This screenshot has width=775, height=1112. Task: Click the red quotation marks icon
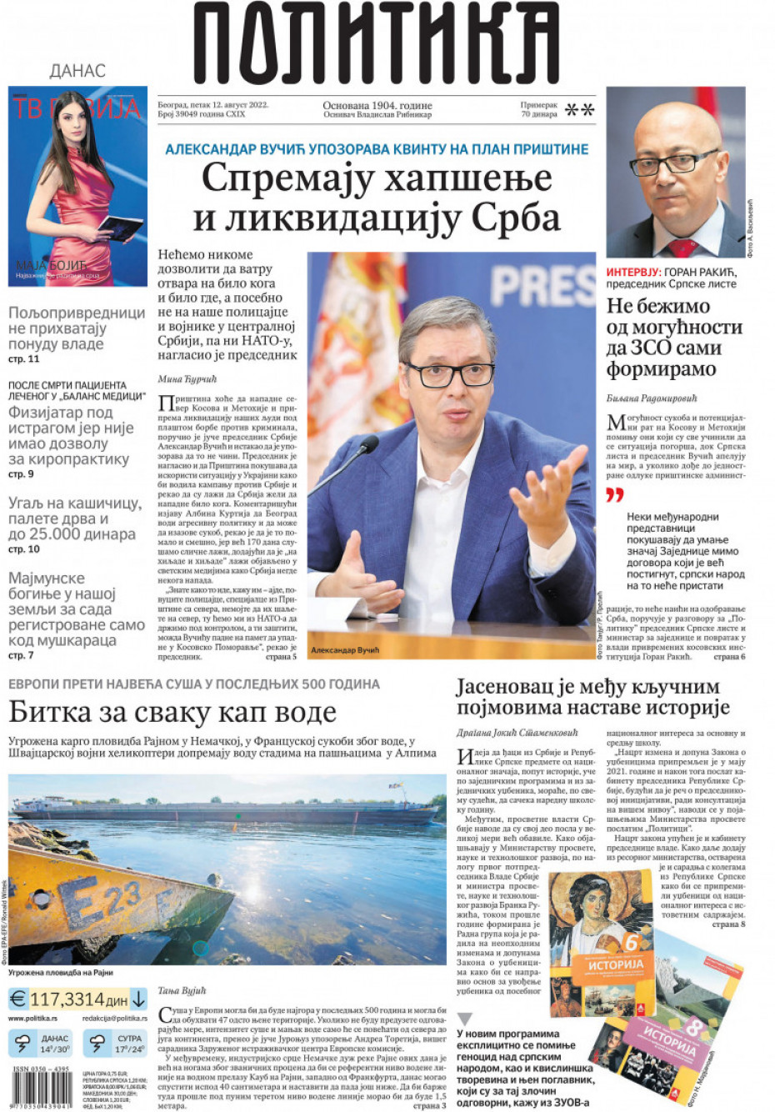[614, 495]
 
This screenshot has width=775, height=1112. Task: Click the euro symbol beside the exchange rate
[17, 999]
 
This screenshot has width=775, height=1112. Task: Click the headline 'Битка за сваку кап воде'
[172, 712]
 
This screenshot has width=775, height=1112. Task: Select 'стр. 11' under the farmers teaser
[23, 358]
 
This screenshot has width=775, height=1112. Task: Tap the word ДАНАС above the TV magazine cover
[77, 71]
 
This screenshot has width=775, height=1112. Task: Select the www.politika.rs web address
[32, 1019]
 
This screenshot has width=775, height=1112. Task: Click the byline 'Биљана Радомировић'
[651, 398]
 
